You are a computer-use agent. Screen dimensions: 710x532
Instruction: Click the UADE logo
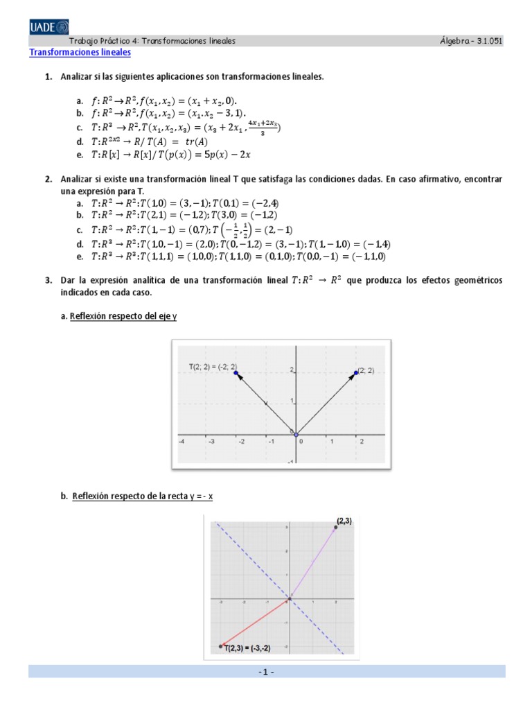48,26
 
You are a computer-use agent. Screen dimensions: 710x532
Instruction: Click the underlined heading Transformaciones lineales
80,53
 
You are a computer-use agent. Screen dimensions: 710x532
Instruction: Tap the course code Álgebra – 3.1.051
470,41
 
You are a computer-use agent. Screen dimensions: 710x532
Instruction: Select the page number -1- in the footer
267,672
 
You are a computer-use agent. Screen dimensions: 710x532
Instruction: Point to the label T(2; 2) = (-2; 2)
212,365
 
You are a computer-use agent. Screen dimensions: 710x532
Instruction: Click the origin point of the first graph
296,434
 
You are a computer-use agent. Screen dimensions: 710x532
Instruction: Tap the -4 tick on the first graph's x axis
181,441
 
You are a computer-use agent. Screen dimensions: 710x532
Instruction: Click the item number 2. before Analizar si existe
48,179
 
